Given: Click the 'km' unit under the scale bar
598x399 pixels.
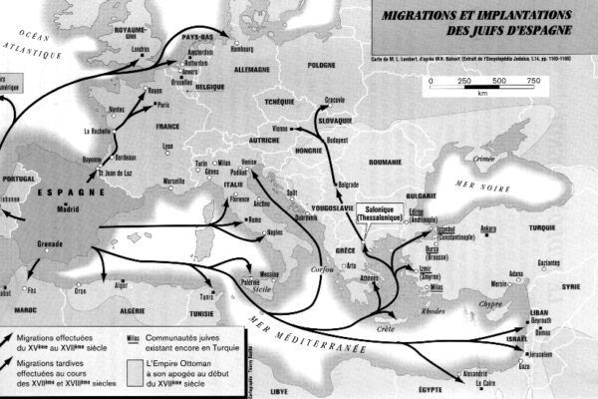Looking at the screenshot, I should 482,92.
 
